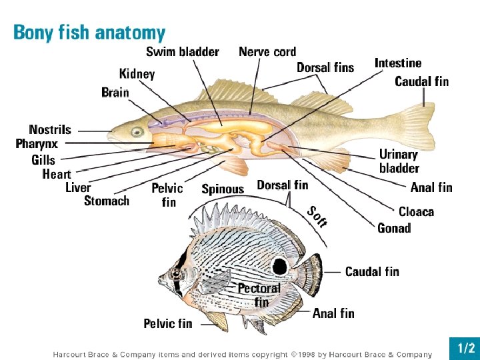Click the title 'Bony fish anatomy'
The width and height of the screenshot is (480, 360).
[x=89, y=33]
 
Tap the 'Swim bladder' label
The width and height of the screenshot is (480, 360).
[x=182, y=51]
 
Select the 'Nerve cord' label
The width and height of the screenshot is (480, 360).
[x=267, y=51]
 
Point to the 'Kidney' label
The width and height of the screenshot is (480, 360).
[x=137, y=73]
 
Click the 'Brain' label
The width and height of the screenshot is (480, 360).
[x=115, y=93]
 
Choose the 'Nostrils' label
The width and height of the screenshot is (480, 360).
[x=49, y=129]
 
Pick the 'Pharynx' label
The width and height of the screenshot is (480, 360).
[x=37, y=143]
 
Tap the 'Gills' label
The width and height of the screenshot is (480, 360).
[x=43, y=160]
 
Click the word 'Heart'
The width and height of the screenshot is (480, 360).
[x=57, y=174]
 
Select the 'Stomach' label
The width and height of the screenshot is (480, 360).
[x=107, y=201]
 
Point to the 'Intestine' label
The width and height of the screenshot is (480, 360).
[x=398, y=63]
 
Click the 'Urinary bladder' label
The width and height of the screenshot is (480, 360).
[x=399, y=161]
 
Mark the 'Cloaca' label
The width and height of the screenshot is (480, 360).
[x=416, y=212]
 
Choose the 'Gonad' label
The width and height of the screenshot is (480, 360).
[x=394, y=228]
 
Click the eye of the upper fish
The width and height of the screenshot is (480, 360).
[x=137, y=132]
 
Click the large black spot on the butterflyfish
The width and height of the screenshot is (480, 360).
[x=280, y=267]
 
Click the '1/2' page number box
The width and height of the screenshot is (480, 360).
[x=465, y=348]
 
